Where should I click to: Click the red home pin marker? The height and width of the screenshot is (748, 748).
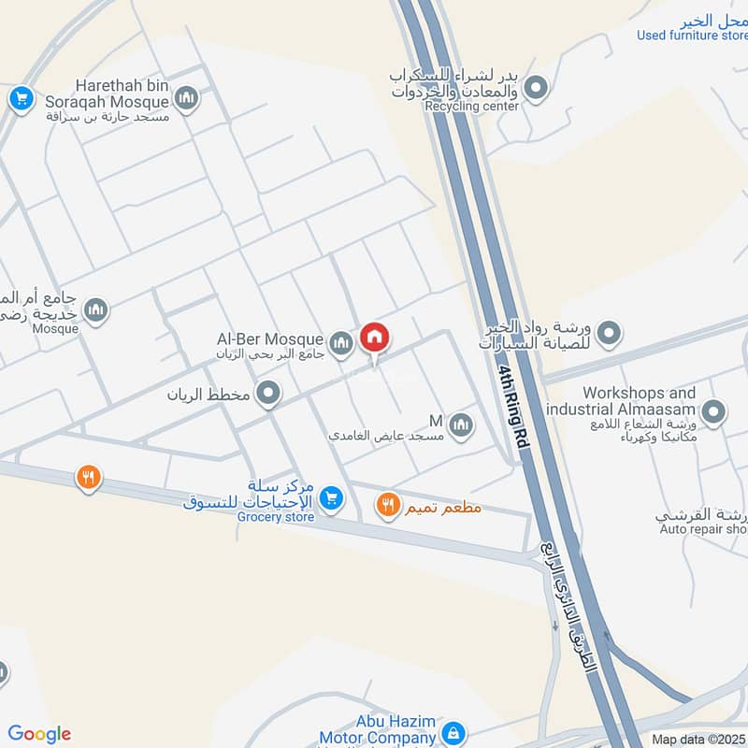click(375, 338)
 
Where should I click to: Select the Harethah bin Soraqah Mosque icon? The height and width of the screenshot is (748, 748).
click(187, 98)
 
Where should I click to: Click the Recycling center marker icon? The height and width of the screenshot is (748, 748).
click(536, 89)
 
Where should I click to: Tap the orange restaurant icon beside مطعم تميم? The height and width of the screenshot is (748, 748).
click(387, 507)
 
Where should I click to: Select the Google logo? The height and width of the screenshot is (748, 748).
click(39, 734)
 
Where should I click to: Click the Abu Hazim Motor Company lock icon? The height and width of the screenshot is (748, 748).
click(453, 732)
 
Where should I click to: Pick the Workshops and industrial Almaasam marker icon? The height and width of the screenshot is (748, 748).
click(713, 412)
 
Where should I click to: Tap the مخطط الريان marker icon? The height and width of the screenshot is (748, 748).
click(268, 394)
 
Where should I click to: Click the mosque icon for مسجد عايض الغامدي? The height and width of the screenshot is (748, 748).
click(460, 426)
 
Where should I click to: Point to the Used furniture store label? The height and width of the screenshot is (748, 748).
click(692, 36)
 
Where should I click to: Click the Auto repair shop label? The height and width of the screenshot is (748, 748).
click(702, 529)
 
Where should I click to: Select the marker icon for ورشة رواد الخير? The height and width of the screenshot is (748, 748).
click(610, 332)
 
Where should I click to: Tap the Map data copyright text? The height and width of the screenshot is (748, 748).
click(698, 739)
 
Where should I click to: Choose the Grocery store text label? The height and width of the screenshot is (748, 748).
click(272, 517)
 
